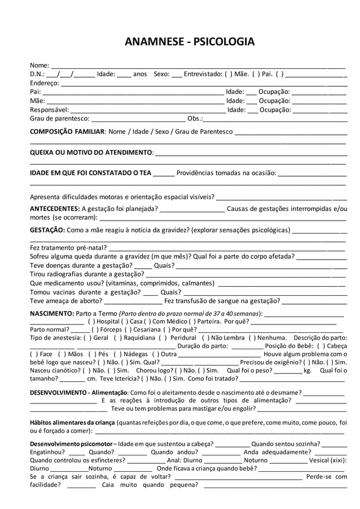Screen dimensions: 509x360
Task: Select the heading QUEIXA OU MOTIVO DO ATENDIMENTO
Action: click(91, 152)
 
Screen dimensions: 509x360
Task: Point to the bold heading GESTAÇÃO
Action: click(47, 230)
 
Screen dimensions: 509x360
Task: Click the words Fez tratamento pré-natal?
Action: click(68, 248)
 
